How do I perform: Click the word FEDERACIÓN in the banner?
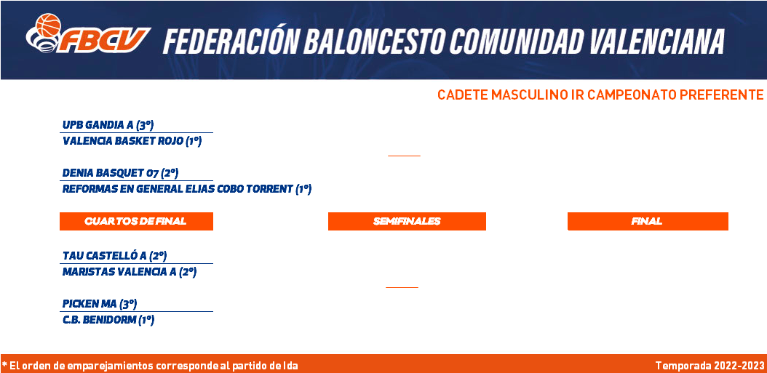pyautogui.click(x=229, y=41)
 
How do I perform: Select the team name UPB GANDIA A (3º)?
pyautogui.click(x=108, y=125)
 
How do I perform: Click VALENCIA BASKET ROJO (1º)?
pyautogui.click(x=132, y=141)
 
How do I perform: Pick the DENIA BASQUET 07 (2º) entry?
pyautogui.click(x=120, y=173)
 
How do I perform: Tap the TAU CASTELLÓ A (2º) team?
pyautogui.click(x=115, y=256)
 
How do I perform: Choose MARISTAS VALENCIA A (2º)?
pyautogui.click(x=129, y=272)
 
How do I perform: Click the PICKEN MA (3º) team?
pyautogui.click(x=99, y=304)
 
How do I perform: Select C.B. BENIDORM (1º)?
pyautogui.click(x=108, y=320)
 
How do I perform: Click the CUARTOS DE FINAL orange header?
pyautogui.click(x=137, y=222)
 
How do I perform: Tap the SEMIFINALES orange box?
pyautogui.click(x=407, y=222)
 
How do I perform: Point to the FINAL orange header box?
pyautogui.click(x=648, y=222)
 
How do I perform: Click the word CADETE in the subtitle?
pyautogui.click(x=462, y=95)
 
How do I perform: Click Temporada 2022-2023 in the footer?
pyautogui.click(x=710, y=366)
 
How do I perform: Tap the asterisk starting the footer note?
pyautogui.click(x=4, y=365)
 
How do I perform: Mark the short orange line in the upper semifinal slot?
pyautogui.click(x=404, y=156)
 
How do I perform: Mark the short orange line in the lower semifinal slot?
pyautogui.click(x=402, y=287)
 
